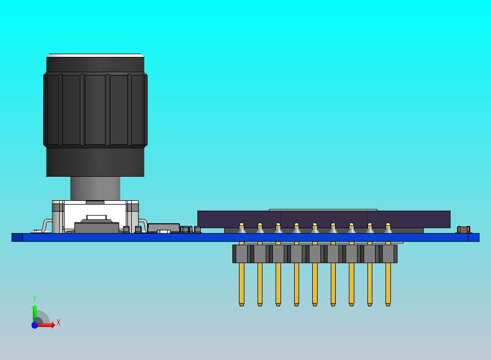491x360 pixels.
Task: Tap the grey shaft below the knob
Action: (95, 189)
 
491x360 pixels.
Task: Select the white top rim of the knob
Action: (95, 55)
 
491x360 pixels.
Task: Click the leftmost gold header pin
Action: (242, 284)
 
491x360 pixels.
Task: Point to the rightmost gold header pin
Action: (388, 284)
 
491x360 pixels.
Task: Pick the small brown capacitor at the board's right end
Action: (464, 230)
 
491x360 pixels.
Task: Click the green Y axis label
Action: (34, 299)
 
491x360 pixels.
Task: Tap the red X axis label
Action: (59, 323)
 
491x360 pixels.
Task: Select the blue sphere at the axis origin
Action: (34, 325)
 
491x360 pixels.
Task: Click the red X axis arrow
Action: (48, 325)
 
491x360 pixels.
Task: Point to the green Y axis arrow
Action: (34, 312)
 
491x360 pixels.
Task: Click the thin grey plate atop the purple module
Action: (323, 210)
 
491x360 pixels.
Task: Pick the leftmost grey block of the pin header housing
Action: (242, 253)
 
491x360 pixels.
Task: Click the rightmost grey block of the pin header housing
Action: (388, 253)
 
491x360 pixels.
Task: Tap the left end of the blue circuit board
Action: (17, 237)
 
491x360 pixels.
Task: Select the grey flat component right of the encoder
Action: (163, 227)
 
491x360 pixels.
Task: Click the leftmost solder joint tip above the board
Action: (242, 225)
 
